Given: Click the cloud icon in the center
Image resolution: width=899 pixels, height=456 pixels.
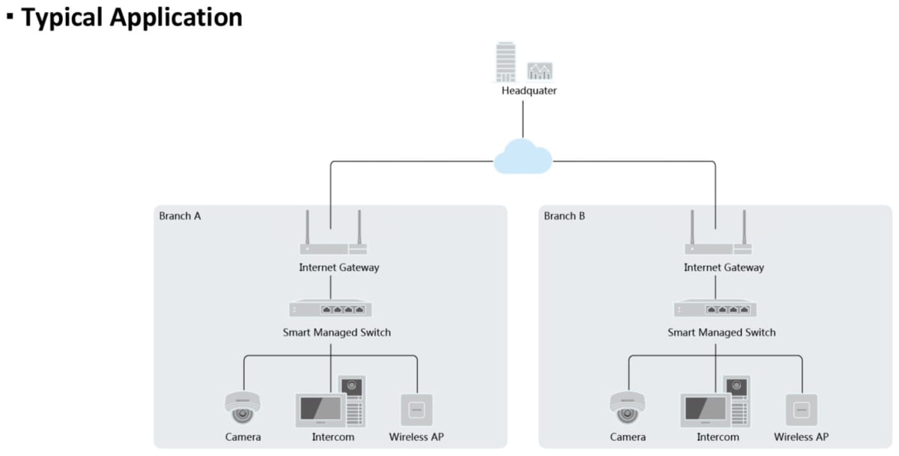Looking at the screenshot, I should coord(523,158).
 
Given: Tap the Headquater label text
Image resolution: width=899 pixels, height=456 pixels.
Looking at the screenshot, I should coord(529,91).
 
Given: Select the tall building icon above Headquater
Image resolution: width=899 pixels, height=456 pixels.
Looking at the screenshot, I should coord(506,62).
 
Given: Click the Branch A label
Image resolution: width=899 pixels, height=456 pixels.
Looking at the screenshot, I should coord(180,216).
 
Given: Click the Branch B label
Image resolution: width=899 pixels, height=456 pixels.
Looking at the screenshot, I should coord(564,216).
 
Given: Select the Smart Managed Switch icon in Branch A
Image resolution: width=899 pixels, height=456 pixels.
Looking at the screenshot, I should coord(331,308).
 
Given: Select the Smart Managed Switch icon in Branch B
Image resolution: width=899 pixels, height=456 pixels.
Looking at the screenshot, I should coord(715,308).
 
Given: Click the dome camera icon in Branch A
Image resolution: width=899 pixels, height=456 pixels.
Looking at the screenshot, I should coord(242,407).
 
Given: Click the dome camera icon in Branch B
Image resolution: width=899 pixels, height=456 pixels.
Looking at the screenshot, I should coord(627,407).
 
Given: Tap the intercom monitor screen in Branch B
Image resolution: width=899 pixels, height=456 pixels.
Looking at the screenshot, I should coord(703,409).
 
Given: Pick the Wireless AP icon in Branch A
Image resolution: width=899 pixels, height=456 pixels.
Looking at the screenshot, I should coord(417,410).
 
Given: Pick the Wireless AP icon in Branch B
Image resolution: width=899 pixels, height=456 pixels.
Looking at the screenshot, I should coord(802,410).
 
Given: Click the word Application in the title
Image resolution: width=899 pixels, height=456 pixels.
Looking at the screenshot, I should coord(180,17).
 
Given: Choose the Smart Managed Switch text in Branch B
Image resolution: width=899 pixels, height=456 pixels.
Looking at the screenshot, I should coord(721,332).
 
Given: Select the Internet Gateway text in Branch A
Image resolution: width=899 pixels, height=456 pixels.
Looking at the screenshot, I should coord(339,267).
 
